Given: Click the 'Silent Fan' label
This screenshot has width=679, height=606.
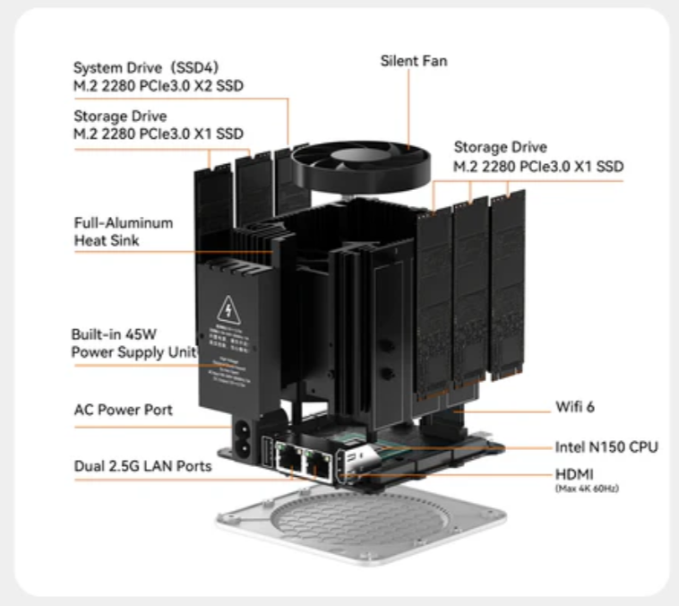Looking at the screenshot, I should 413,61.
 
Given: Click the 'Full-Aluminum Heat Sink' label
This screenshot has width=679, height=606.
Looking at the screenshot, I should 124,231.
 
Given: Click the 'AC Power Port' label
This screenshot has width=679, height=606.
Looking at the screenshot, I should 123,410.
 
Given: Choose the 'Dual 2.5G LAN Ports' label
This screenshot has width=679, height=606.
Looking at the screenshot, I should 142,466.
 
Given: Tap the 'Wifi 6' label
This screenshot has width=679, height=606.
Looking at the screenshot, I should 575,407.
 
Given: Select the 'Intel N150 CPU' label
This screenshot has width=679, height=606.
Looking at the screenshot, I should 607,446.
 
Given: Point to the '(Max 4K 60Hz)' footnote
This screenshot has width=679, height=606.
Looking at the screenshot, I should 586,488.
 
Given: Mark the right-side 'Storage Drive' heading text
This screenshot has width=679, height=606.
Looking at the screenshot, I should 500,147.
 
